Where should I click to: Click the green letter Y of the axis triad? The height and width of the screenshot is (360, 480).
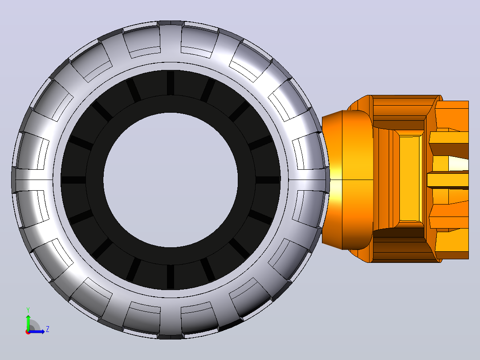28,310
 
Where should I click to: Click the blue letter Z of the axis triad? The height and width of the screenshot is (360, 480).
48,329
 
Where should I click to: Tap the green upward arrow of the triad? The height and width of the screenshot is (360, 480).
28,322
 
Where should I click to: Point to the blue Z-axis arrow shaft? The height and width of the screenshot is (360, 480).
37,331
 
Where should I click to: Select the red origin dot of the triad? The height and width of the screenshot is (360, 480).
28,332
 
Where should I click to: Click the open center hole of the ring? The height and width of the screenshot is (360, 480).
171,180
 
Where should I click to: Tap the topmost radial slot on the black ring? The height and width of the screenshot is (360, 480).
171,83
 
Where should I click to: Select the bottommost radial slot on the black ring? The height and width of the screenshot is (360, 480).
171,277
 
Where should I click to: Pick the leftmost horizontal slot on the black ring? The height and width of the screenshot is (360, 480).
74,180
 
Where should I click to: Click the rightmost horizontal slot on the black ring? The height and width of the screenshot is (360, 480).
268,180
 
